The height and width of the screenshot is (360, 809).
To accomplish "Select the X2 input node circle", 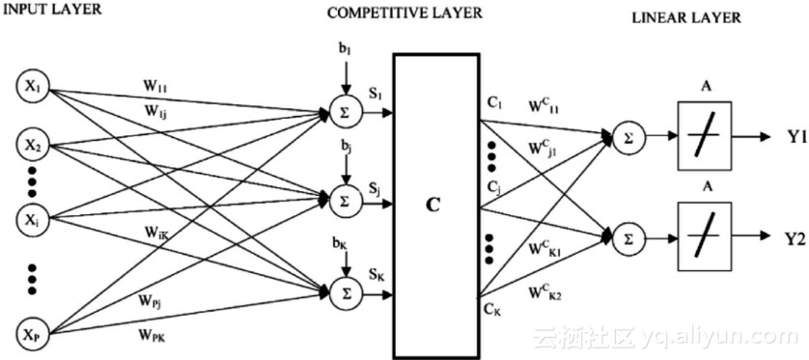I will tap(33, 146).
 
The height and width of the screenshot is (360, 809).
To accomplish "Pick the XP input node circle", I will tap(33, 333).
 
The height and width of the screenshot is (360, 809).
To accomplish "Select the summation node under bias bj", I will tap(342, 201).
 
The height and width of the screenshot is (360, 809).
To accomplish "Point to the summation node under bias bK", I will tap(342, 289).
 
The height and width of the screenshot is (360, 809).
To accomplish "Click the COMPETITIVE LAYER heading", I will tap(404, 14).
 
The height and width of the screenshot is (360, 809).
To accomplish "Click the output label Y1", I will tap(795, 137).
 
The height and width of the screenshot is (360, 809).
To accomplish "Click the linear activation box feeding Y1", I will tap(703, 137).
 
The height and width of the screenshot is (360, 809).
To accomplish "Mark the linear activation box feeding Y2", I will tap(703, 235).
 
